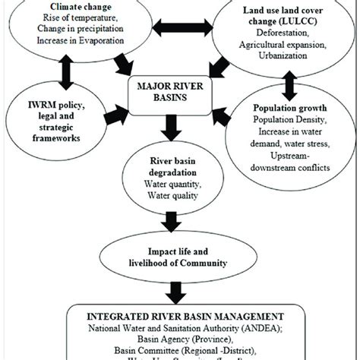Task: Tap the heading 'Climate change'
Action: (71, 7)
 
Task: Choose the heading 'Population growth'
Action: (293, 109)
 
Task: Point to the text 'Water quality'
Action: (172, 194)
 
